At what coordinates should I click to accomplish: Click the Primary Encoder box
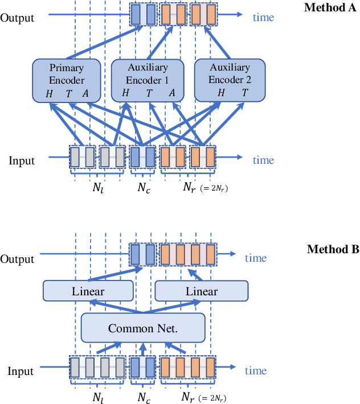pyautogui.click(x=67, y=79)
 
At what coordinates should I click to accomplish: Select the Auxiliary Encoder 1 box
pyautogui.click(x=147, y=79)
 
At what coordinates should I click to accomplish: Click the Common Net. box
pyautogui.click(x=142, y=328)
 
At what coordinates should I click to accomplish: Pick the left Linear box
pyautogui.click(x=88, y=291)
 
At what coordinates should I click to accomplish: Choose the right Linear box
pyautogui.click(x=201, y=291)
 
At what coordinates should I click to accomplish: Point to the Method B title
pyautogui.click(x=333, y=249)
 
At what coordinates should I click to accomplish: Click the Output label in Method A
pyautogui.click(x=17, y=17)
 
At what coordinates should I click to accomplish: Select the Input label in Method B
pyautogui.click(x=21, y=372)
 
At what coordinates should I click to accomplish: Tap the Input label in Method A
pyautogui.click(x=21, y=161)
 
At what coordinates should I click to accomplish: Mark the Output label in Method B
pyautogui.click(x=17, y=259)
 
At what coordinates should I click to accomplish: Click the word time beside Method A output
pyautogui.click(x=263, y=17)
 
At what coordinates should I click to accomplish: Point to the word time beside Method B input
pyautogui.click(x=256, y=371)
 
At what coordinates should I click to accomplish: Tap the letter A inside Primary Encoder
pyautogui.click(x=85, y=93)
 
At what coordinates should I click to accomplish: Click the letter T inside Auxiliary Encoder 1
pyautogui.click(x=149, y=93)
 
